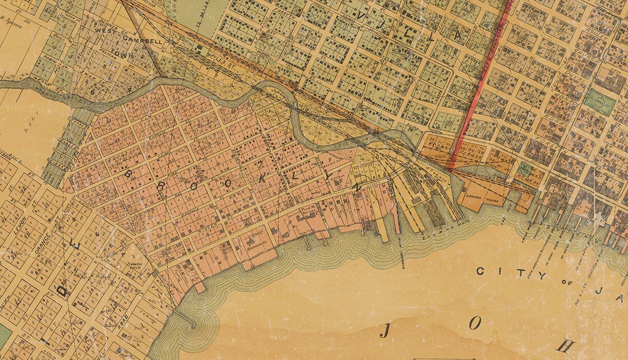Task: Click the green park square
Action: [600, 101]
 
